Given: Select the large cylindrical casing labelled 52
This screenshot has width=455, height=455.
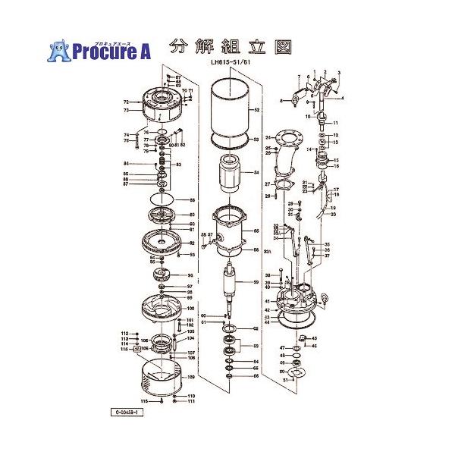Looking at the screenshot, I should (229, 110).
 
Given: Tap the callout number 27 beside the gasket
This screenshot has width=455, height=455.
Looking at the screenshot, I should (267, 184).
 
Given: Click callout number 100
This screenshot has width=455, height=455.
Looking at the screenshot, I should (190, 309).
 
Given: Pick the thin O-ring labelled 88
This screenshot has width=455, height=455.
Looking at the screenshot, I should (161, 200).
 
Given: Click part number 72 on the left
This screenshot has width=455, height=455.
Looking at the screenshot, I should (126, 101).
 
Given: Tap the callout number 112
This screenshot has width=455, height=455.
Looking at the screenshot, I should (124, 334).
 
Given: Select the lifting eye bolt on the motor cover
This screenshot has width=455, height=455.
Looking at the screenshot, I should (324, 297).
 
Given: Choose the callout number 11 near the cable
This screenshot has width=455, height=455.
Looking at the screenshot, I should (335, 123).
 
